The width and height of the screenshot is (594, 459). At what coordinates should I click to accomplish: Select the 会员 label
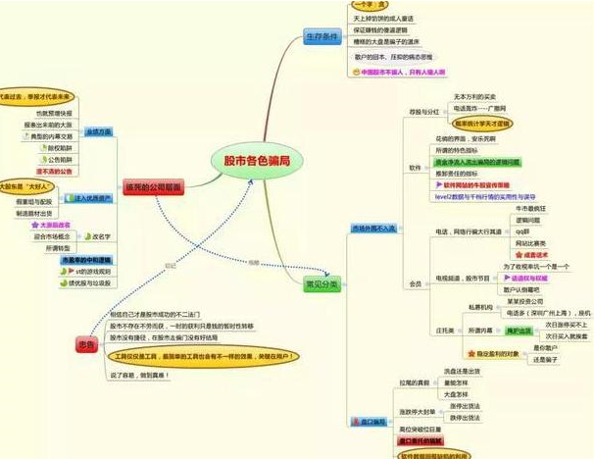[x=415, y=283]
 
